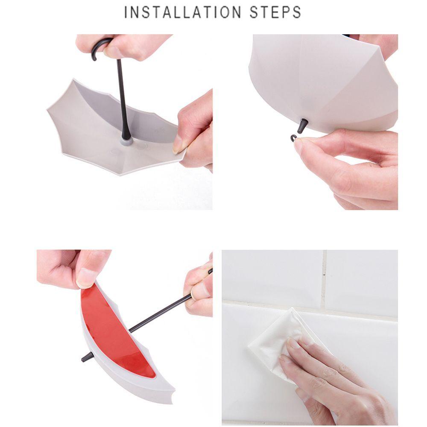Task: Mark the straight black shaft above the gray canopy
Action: (x=122, y=98)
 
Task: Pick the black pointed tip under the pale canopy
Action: (x=302, y=126)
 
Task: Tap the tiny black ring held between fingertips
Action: (x=294, y=137)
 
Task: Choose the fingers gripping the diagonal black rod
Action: (x=199, y=290)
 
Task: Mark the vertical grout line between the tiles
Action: (x=324, y=278)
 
